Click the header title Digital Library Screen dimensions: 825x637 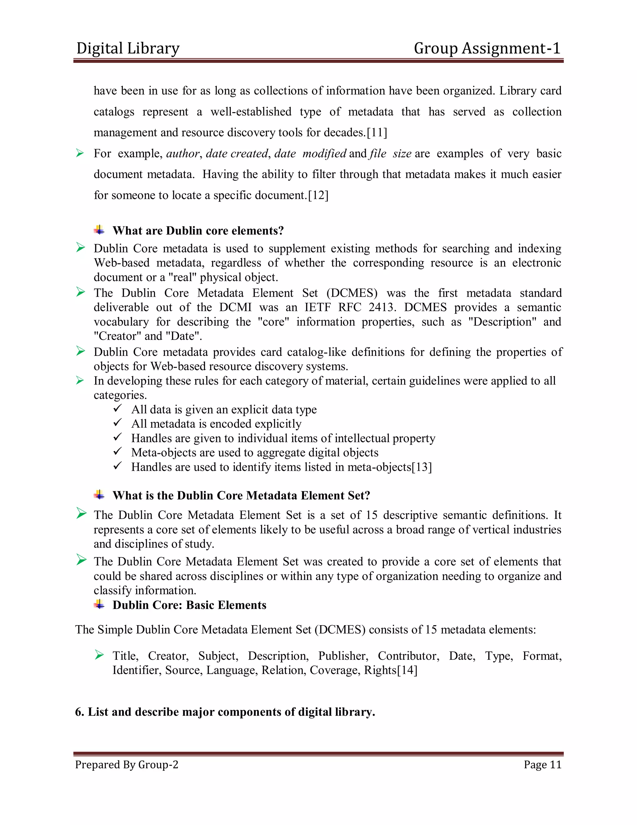pyautogui.click(x=128, y=48)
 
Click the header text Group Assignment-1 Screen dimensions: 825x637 pyautogui.click(x=487, y=48)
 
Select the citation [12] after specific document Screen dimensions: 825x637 pyautogui.click(x=318, y=195)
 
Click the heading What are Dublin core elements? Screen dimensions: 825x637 pyautogui.click(x=198, y=231)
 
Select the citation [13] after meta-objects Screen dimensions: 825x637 pyautogui.click(x=421, y=467)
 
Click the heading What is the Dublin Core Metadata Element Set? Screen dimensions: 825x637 pyautogui.click(x=241, y=496)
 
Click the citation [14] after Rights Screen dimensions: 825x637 pyautogui.click(x=407, y=671)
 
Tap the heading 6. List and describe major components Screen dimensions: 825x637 pyautogui.click(x=225, y=712)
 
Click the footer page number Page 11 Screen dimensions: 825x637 pyautogui.click(x=542, y=765)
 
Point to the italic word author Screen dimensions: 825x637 pyautogui.click(x=183, y=154)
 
